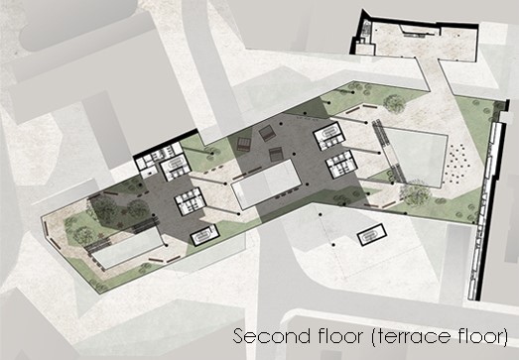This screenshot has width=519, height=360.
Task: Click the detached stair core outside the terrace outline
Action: [372, 235]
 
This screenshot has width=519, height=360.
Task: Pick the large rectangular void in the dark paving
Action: [267, 183]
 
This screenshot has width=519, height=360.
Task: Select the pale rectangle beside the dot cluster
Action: [415, 158]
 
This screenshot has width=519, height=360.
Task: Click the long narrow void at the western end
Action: [127, 248]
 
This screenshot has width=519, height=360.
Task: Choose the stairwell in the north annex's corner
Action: [366, 29]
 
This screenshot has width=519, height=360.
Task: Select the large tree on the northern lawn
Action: [394, 104]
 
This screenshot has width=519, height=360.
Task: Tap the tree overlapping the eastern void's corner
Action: [415, 193]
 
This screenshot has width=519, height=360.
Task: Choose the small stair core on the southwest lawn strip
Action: [205, 236]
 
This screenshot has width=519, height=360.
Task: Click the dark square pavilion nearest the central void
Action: [276, 154]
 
